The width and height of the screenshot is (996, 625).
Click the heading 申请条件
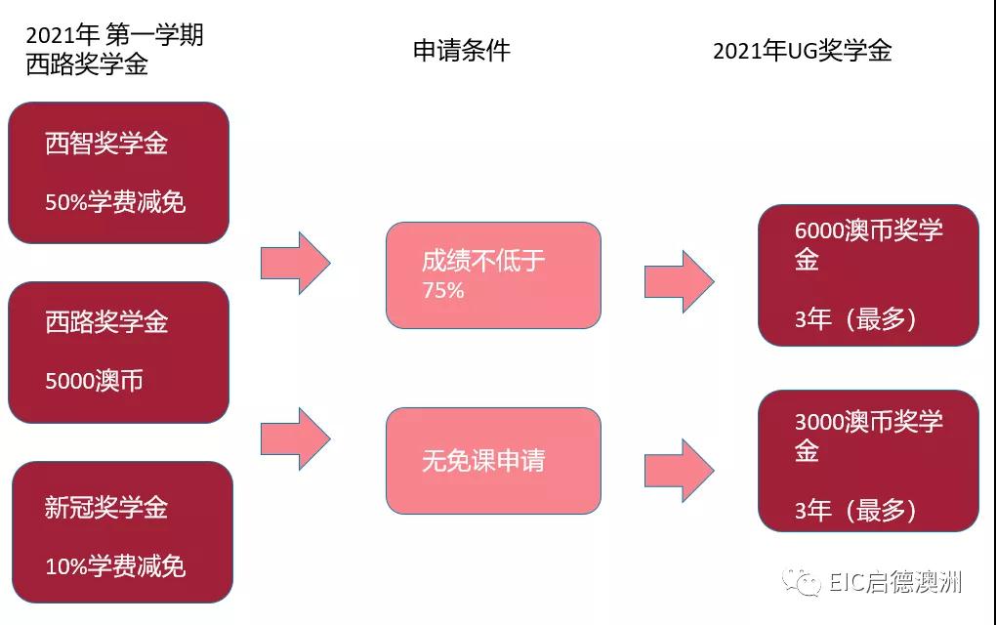tap(461, 51)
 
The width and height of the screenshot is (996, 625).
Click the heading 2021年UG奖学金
tap(802, 51)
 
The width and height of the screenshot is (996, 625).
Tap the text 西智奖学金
tap(106, 144)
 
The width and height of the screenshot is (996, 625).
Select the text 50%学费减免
tap(115, 202)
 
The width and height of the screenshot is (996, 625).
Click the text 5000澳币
tap(94, 381)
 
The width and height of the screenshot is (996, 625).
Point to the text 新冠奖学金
tap(106, 508)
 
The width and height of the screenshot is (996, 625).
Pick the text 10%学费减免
tap(115, 566)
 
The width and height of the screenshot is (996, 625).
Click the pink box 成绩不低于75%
tap(493, 274)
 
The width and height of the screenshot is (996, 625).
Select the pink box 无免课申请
tap(493, 460)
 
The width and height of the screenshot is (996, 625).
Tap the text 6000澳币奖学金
tap(868, 244)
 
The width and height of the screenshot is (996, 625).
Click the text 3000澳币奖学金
tap(868, 436)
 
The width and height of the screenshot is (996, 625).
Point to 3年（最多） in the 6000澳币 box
tap(855, 318)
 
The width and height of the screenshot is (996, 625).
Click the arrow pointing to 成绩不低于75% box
tap(295, 263)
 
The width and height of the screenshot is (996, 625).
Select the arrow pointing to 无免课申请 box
tap(295, 438)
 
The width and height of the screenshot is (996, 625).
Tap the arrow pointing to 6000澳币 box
tap(679, 281)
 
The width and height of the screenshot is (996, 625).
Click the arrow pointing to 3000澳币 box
tap(679, 470)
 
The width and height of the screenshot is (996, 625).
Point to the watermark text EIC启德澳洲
tap(894, 582)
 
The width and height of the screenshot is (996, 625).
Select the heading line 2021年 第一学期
tap(114, 35)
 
